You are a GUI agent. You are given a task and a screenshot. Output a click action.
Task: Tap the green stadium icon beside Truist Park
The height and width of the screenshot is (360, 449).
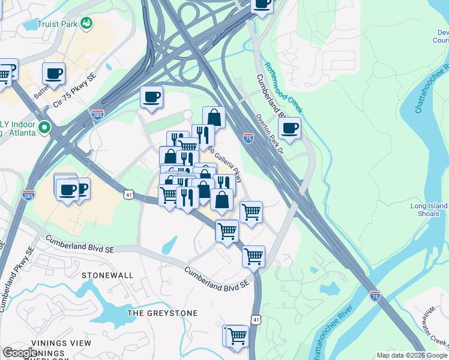87,23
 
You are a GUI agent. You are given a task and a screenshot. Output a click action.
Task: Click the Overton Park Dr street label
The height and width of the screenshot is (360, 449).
268,134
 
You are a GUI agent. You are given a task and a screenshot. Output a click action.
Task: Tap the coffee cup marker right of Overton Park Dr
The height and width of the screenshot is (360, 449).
290,128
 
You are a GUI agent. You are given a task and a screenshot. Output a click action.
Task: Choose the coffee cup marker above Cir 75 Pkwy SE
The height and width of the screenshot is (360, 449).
54,73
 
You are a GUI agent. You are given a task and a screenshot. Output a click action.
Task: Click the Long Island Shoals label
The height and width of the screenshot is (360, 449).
429,210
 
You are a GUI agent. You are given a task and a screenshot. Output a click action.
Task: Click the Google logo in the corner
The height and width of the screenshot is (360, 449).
20,353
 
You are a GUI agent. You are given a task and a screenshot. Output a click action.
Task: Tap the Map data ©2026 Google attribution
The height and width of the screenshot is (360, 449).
412,355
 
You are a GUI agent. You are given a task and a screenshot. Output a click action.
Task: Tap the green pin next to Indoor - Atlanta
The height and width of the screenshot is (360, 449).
43,127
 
